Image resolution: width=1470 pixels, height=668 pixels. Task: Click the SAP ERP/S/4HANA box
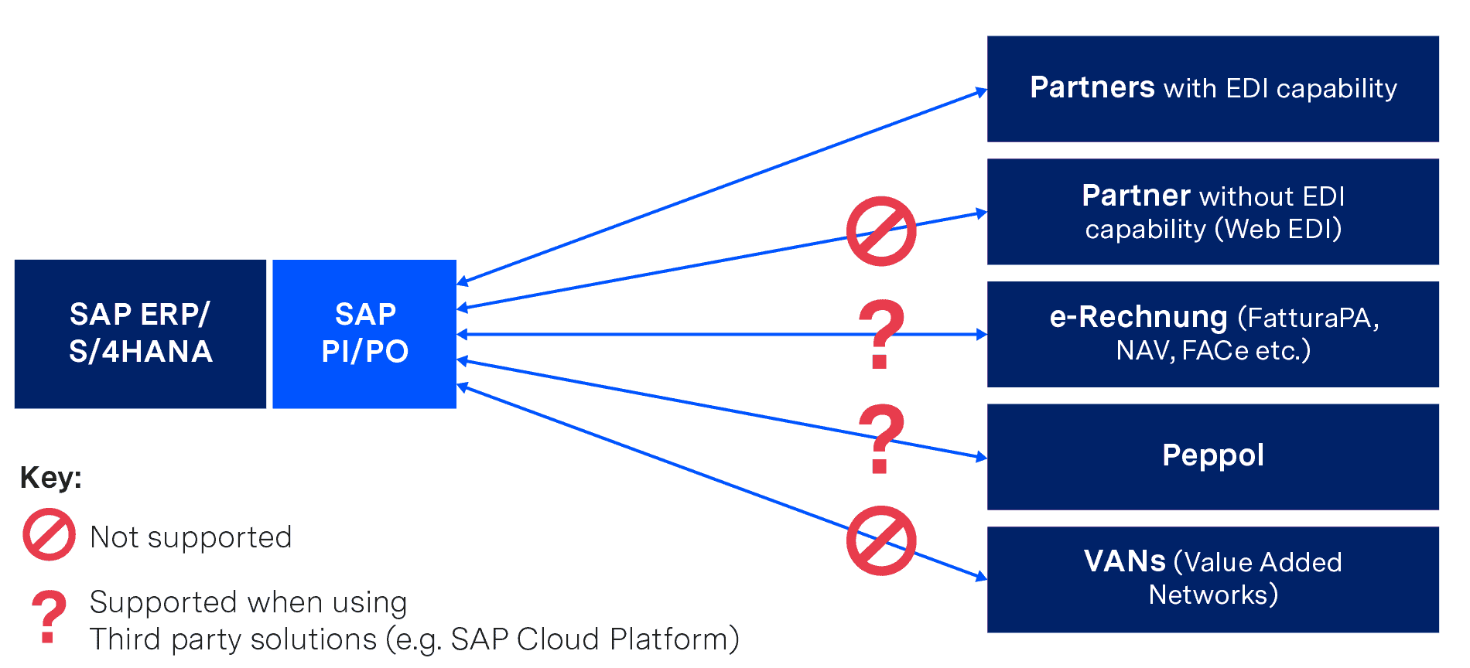click(x=140, y=333)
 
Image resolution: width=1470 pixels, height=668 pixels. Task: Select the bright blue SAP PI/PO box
click(x=364, y=333)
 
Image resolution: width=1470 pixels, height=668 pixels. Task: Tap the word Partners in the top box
click(x=1092, y=87)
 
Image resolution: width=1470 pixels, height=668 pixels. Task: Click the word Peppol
click(x=1212, y=455)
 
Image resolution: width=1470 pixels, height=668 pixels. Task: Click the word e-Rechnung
click(x=1137, y=317)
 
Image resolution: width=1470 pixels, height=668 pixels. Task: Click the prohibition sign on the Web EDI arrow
click(x=880, y=231)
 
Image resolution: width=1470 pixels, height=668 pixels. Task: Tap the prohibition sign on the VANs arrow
click(x=880, y=540)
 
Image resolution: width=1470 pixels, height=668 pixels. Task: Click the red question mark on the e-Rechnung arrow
click(x=880, y=333)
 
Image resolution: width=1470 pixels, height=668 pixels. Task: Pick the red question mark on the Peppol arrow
click(x=880, y=438)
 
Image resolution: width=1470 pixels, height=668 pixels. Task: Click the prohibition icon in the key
click(x=49, y=534)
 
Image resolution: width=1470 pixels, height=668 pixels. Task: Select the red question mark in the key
click(x=49, y=616)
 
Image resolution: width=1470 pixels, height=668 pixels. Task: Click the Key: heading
click(x=50, y=477)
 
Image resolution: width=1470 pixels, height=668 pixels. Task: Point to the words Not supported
click(x=190, y=537)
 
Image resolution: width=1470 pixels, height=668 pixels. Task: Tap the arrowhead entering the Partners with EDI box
click(x=982, y=92)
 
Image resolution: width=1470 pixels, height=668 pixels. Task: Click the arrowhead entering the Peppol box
click(x=982, y=457)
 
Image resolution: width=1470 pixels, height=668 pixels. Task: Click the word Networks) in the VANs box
click(x=1212, y=595)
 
